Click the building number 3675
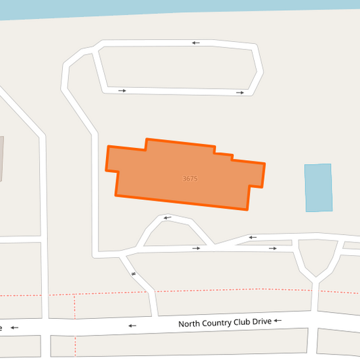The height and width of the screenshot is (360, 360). (x=190, y=179)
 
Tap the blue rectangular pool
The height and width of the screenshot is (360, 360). (x=318, y=187)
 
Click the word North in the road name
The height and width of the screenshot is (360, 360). (x=190, y=324)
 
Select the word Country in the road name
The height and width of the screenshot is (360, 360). (x=220, y=323)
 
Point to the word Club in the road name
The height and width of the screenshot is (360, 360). (x=245, y=322)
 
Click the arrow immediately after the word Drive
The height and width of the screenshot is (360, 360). (x=278, y=321)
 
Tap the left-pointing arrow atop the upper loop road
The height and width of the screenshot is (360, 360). (x=196, y=43)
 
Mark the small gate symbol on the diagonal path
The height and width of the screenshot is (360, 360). (x=134, y=274)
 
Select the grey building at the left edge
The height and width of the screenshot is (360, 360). (x=1, y=159)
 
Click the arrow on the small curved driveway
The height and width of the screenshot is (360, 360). (x=167, y=218)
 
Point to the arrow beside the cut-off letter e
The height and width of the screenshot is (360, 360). (x=14, y=328)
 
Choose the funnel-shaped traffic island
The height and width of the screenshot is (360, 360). (x=316, y=257)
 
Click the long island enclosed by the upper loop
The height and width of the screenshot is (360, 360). (x=179, y=68)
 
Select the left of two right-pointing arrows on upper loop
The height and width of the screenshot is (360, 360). (x=122, y=90)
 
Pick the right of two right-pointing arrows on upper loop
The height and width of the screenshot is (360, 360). (x=240, y=93)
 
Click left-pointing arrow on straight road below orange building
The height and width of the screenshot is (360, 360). (x=253, y=237)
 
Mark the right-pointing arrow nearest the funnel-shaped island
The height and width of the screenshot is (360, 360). (x=273, y=249)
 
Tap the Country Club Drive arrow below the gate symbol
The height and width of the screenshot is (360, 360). (x=132, y=326)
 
